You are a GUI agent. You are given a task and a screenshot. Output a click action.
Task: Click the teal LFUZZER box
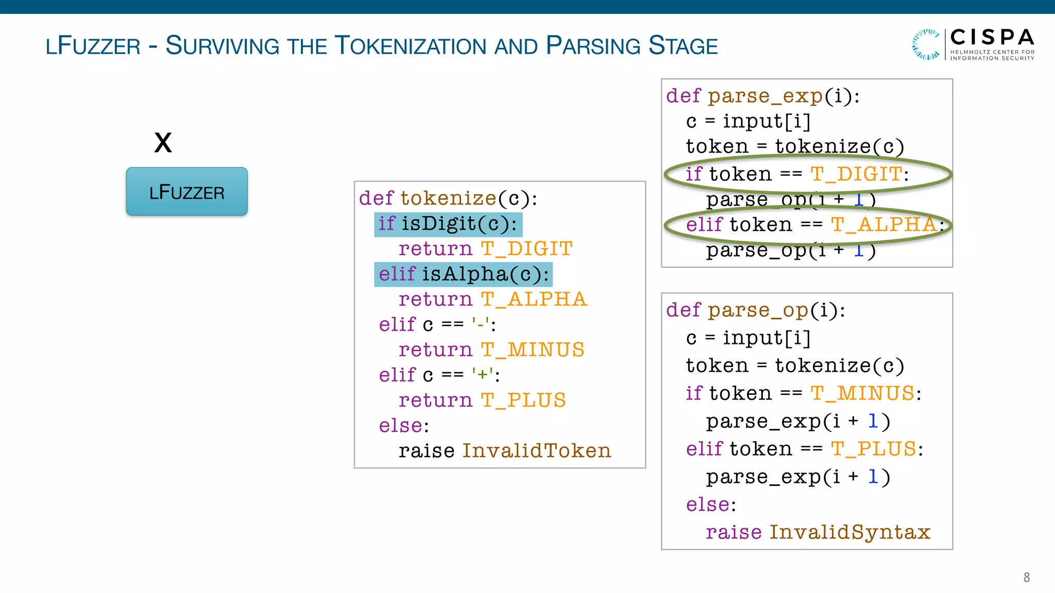point(186,191)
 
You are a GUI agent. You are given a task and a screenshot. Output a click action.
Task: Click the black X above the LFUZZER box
point(163,143)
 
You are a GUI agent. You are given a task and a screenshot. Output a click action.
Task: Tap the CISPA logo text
point(992,38)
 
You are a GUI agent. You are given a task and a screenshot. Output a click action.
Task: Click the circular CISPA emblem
point(926,44)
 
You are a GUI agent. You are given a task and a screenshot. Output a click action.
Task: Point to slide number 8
point(1026,577)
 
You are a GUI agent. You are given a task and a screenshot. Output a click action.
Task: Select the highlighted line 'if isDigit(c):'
point(448,224)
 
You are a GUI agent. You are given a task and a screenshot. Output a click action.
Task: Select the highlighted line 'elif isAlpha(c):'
point(463,274)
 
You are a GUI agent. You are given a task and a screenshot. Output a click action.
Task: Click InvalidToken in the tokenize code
point(536,451)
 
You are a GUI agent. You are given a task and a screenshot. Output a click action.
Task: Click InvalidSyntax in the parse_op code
point(849,532)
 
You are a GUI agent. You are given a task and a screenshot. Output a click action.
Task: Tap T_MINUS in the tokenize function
point(533,350)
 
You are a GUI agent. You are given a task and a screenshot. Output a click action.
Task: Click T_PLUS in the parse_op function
point(874,449)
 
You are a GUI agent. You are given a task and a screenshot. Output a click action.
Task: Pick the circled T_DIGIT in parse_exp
point(856,174)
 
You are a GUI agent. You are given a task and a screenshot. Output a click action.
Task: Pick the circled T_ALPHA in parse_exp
point(883,224)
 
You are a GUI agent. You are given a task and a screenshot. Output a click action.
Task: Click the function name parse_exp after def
point(765,96)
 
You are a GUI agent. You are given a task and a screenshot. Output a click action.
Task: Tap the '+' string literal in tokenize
point(482,375)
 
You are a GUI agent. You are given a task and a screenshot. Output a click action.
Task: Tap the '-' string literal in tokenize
point(480,324)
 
